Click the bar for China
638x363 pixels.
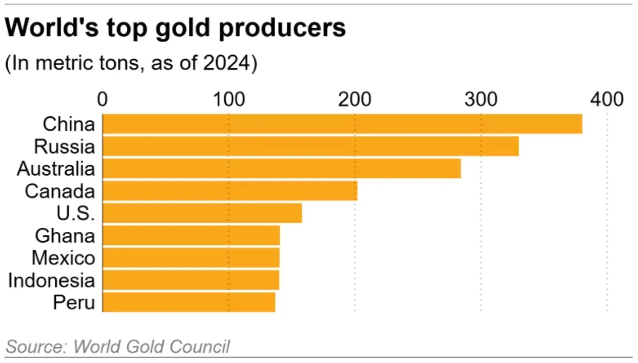(x=342, y=124)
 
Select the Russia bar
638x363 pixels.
(x=310, y=146)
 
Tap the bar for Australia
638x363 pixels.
(x=281, y=168)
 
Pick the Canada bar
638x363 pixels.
(x=230, y=191)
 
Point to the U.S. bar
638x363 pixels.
(x=202, y=213)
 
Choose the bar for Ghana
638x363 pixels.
(x=191, y=235)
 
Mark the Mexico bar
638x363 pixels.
(x=191, y=258)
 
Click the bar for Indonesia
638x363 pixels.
(x=191, y=280)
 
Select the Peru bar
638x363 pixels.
(x=188, y=302)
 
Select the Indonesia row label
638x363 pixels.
(x=52, y=280)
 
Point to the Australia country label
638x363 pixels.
(x=56, y=169)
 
